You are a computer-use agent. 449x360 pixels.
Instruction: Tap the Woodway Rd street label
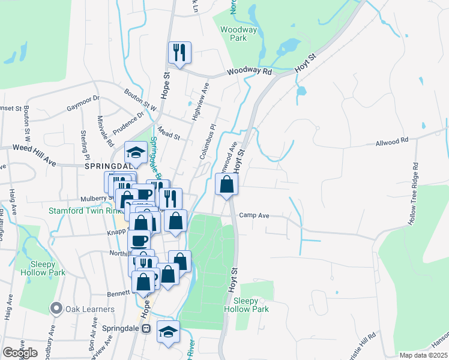249,71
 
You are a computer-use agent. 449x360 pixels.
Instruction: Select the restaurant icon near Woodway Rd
179,52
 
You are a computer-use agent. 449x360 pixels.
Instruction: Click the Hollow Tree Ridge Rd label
413,193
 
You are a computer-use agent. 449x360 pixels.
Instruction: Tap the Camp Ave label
252,215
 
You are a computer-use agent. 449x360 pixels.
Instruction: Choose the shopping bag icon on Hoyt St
227,184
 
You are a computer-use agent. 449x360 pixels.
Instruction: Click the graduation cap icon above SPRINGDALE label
136,152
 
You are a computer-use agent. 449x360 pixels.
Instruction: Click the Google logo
20,353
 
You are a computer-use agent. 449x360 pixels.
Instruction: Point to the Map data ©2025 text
423,355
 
